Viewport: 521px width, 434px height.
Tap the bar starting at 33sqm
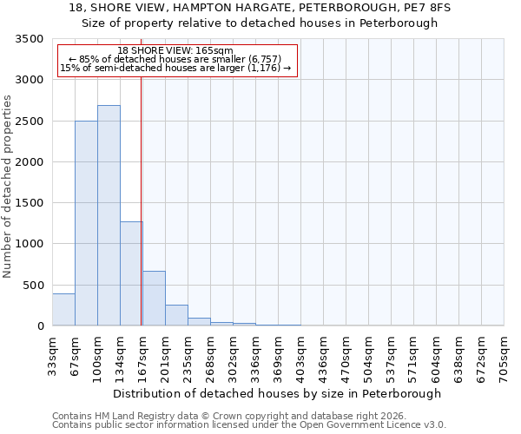[x=63, y=310]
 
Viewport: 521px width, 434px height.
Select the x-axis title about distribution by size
[x=278, y=393]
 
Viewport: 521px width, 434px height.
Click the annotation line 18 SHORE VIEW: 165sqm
[x=175, y=51]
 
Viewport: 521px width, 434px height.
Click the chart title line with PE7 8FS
[x=260, y=7]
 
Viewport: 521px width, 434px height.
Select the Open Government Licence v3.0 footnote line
[x=248, y=425]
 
